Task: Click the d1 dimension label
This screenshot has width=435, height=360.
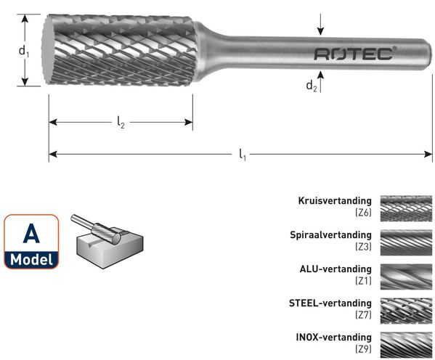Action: click(24, 52)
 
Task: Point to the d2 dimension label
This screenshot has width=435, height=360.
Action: click(312, 86)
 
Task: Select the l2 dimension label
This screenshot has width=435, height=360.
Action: click(121, 122)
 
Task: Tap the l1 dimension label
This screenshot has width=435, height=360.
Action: click(243, 154)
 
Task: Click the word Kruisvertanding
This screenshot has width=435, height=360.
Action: click(335, 200)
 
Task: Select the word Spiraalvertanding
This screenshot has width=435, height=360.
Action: click(330, 234)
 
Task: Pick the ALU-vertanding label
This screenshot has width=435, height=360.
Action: click(336, 269)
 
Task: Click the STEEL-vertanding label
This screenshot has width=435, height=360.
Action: click(330, 303)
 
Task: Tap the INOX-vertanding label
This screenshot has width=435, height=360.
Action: click(334, 337)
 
